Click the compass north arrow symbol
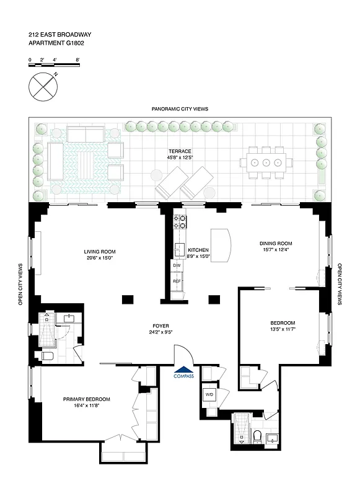coord(43,85)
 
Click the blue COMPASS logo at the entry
coord(183,374)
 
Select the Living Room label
coord(100,252)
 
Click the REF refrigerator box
coord(177,281)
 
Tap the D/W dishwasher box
coord(177,265)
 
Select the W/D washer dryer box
coord(209,393)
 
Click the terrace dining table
coord(266,163)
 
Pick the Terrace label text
coord(180,151)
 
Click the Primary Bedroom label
coord(87,399)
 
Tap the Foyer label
coord(162,325)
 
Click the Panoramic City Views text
coord(180,108)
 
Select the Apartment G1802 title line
coord(56,43)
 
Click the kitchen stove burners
coord(180,221)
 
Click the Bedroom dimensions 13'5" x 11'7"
coord(282,330)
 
